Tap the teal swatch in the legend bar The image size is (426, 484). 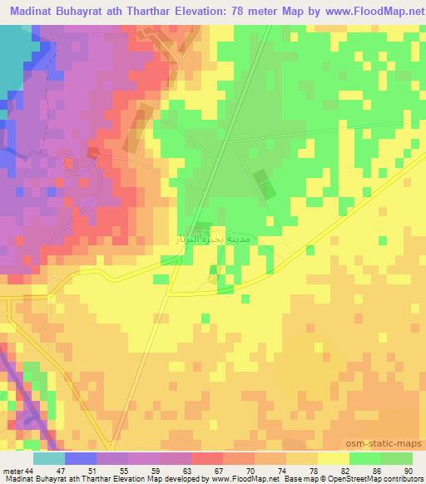click(x=50, y=459)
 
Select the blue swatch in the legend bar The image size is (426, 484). click(x=79, y=459)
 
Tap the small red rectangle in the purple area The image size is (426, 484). click(x=92, y=152)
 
